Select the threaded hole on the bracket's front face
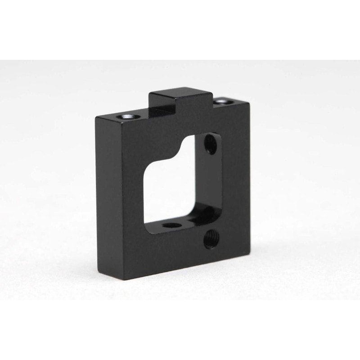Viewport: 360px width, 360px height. pos(210,239)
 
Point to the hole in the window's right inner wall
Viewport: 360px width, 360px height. pos(210,144)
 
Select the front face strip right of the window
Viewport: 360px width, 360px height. pos(235,180)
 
